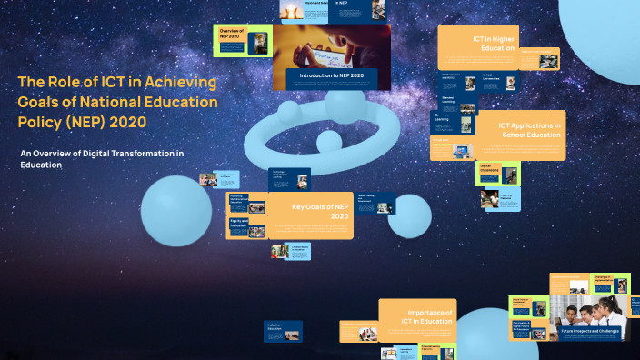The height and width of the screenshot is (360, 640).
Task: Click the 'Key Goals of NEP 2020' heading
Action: tap(319, 211)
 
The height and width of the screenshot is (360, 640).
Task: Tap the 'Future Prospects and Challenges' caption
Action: tap(590, 331)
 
